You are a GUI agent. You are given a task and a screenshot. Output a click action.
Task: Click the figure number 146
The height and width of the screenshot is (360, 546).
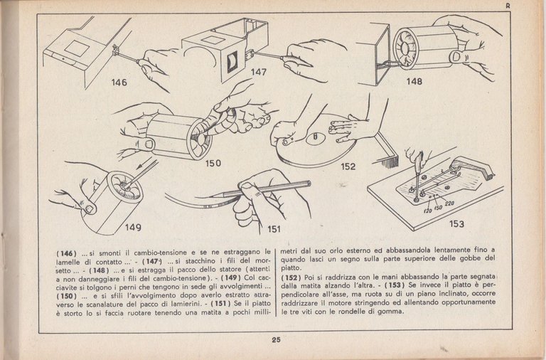pyautogui.click(x=119, y=83)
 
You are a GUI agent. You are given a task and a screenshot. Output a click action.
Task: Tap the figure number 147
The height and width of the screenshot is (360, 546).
pyautogui.click(x=259, y=72)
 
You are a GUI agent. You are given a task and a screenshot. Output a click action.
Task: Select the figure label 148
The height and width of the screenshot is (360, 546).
pyautogui.click(x=414, y=81)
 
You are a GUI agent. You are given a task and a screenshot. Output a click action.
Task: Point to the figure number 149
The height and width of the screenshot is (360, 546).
pyautogui.click(x=133, y=228)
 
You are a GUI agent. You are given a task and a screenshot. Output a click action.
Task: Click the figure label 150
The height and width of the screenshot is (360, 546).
pyautogui.click(x=213, y=163)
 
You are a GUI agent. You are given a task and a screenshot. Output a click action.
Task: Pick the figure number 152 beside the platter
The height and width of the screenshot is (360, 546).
pyautogui.click(x=348, y=167)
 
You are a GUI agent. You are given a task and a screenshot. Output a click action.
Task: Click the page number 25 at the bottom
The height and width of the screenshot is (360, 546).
pyautogui.click(x=276, y=339)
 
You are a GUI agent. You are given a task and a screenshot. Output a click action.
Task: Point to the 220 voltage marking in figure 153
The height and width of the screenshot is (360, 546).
pyautogui.click(x=449, y=203)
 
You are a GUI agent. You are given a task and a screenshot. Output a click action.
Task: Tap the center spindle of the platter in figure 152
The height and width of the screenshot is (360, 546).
pyautogui.click(x=313, y=135)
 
